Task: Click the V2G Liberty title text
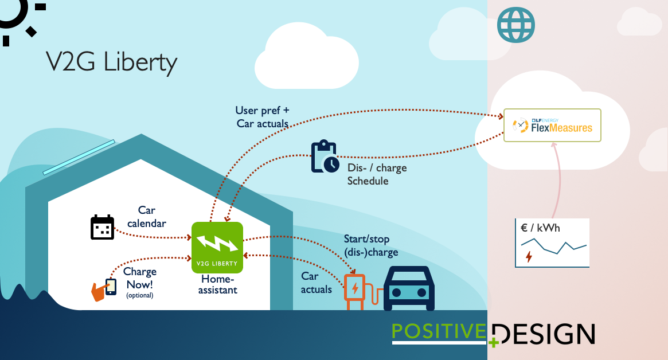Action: pyautogui.click(x=111, y=62)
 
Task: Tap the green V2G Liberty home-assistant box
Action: pyautogui.click(x=217, y=247)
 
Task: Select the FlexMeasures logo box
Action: pyautogui.click(x=552, y=125)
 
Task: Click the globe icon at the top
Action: pyautogui.click(x=516, y=25)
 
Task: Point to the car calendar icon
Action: pyautogui.click(x=103, y=227)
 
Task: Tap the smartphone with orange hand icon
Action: pyautogui.click(x=105, y=288)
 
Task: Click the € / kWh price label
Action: pyautogui.click(x=540, y=228)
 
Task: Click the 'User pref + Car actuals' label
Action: pyautogui.click(x=262, y=116)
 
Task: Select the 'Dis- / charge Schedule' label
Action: pyautogui.click(x=377, y=174)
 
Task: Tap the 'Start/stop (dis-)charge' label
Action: pyautogui.click(x=370, y=245)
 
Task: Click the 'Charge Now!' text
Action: pyautogui.click(x=140, y=278)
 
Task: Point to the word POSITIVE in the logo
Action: pyautogui.click(x=439, y=332)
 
